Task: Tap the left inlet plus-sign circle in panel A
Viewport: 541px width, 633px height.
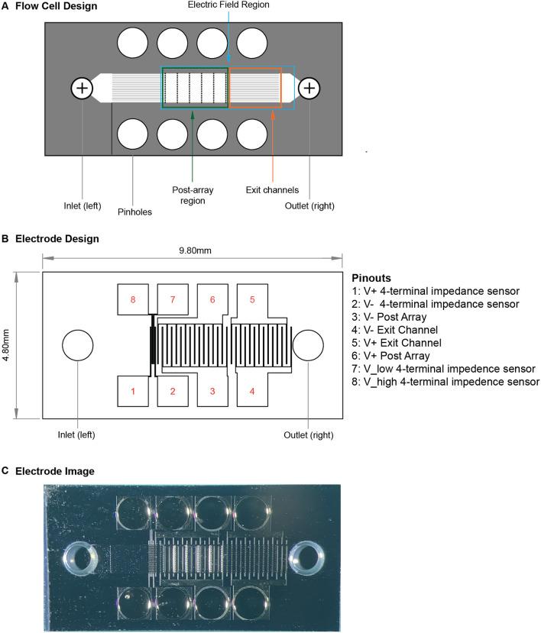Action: coord(82,89)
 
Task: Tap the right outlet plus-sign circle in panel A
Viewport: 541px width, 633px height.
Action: coord(309,89)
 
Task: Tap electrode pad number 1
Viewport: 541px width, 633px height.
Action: coord(133,392)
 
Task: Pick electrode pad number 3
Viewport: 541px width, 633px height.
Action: coord(212,392)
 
